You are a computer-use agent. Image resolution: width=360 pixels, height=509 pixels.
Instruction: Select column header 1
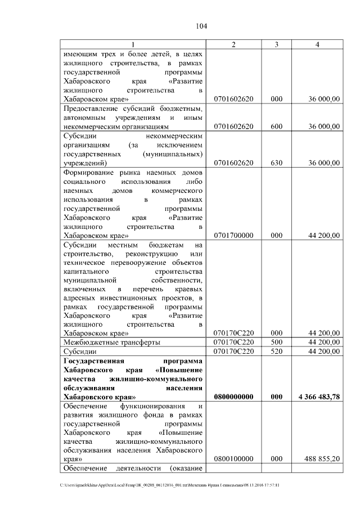click(133, 44)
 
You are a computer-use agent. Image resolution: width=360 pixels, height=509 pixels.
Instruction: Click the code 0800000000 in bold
click(233, 397)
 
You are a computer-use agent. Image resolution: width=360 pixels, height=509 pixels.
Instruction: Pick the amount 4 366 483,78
click(319, 397)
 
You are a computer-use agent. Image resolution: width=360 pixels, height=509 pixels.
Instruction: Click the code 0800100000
click(233, 459)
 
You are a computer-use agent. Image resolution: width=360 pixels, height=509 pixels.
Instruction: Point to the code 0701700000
click(233, 236)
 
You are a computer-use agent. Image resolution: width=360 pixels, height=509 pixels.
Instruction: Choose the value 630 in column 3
click(276, 163)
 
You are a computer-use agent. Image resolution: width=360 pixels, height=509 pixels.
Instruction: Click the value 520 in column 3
click(276, 351)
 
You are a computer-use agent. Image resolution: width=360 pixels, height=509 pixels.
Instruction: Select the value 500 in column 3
click(276, 342)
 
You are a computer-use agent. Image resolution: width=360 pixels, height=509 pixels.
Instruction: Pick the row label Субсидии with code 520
click(79, 351)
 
